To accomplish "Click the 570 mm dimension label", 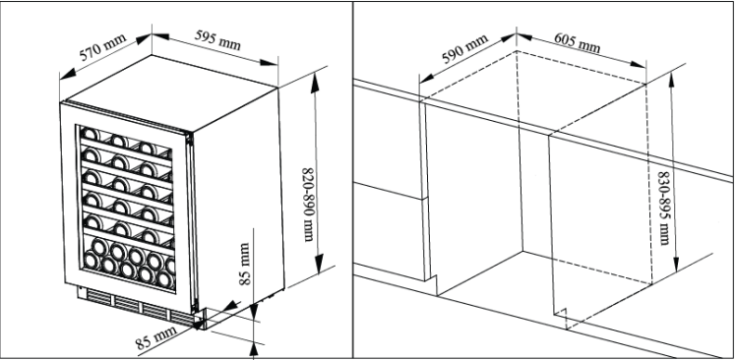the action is (102, 47).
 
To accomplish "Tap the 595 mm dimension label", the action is (217, 41).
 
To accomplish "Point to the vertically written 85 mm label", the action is (245, 264).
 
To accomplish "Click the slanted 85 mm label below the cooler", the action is (156, 338).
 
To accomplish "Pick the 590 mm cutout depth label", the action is (464, 49).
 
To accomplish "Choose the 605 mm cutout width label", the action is (577, 42).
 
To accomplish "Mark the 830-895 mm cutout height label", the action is (664, 208).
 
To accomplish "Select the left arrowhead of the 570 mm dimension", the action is (68, 74).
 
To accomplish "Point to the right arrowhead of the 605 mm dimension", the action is (638, 64).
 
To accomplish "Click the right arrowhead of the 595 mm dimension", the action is (270, 62).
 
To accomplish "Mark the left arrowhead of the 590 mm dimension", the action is (427, 79).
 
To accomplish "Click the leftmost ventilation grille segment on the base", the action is (98, 297).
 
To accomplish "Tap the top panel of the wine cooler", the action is (171, 92).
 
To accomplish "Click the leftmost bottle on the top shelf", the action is (90, 134).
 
